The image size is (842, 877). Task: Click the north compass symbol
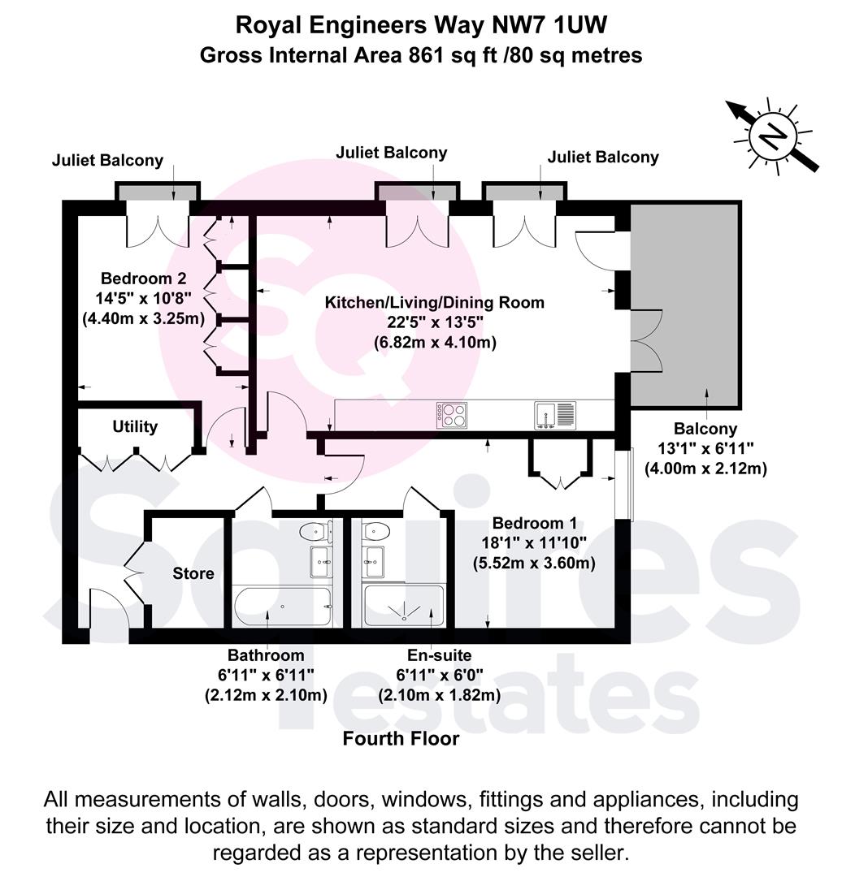coord(773,136)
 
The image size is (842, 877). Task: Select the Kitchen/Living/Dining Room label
coord(435,303)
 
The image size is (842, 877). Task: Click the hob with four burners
coord(453,415)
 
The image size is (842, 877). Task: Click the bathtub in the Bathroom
coord(282,606)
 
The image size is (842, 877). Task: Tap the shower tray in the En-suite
coord(404,606)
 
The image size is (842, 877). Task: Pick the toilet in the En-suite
coord(374,533)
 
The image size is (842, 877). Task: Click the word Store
coord(193,573)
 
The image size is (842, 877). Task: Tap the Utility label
coord(135,426)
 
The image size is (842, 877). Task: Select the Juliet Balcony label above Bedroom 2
coord(107,161)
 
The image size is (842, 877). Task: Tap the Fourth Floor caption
coord(401,739)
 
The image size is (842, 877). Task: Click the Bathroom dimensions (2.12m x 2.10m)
coord(266,695)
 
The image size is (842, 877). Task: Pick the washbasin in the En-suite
coord(374,560)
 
